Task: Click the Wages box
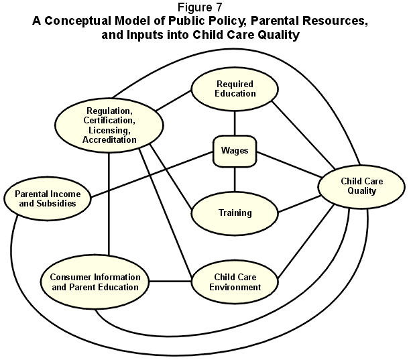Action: pyautogui.click(x=234, y=151)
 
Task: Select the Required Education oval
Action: pyautogui.click(x=235, y=89)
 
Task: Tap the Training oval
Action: pyautogui.click(x=235, y=213)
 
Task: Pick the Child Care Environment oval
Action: pyautogui.click(x=235, y=282)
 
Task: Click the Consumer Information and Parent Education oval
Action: pyautogui.click(x=95, y=282)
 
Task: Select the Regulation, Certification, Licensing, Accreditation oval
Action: pyautogui.click(x=109, y=125)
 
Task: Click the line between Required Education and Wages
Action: pyautogui.click(x=235, y=122)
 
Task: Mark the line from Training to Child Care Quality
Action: pyautogui.click(x=298, y=205)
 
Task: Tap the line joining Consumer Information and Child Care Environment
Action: pyautogui.click(x=170, y=281)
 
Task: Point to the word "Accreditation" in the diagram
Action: pyautogui.click(x=109, y=140)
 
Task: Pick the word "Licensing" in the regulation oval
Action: pyautogui.click(x=109, y=130)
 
